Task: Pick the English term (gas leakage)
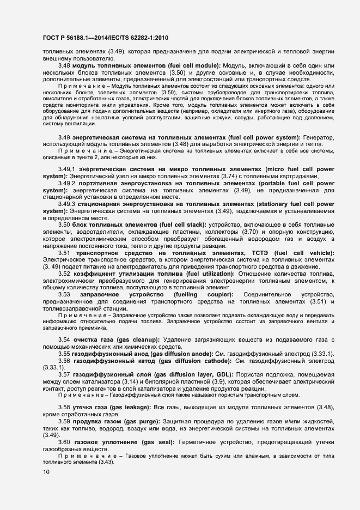[132, 407]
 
